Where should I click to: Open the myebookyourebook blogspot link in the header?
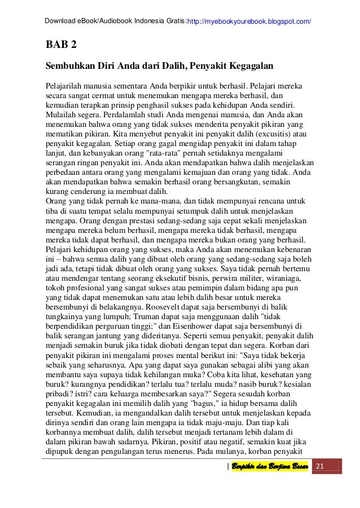coord(251,21)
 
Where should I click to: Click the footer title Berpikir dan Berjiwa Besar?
coord(270,466)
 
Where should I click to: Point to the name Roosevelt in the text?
coord(165,308)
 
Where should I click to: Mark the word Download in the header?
coord(60,21)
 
